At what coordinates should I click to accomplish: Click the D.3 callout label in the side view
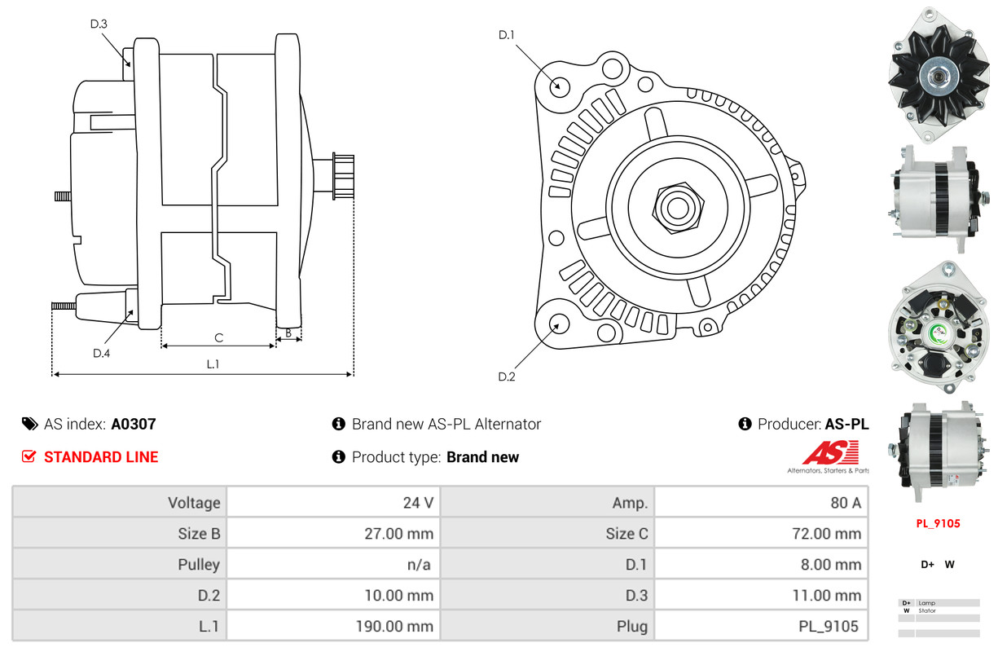click(99, 24)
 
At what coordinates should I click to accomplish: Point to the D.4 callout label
click(101, 353)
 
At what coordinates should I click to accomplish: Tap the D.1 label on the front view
click(507, 34)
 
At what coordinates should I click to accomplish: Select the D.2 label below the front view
click(507, 377)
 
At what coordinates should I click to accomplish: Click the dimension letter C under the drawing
click(218, 337)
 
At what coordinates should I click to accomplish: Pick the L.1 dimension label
click(213, 364)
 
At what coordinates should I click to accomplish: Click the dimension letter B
click(288, 333)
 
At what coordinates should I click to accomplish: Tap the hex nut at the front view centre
click(675, 207)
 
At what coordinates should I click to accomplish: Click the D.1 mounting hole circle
click(559, 85)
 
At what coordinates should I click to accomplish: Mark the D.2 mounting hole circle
click(558, 324)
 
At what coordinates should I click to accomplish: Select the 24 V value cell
click(418, 503)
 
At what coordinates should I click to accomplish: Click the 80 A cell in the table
click(845, 503)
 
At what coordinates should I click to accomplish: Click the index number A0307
click(134, 424)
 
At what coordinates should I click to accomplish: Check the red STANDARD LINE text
click(101, 457)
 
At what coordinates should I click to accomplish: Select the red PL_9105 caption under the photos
click(938, 524)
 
